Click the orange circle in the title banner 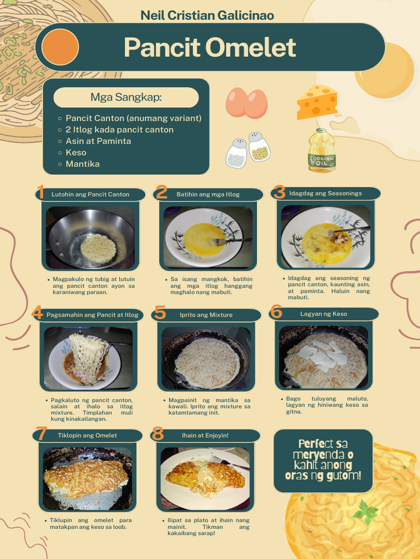[60, 47]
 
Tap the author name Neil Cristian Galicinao [207, 15]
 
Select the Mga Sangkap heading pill [126, 97]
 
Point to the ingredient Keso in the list [75, 153]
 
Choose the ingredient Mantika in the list [83, 164]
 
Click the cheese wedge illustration [317, 102]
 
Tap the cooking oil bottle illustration [322, 151]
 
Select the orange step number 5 [160, 313]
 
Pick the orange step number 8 [157, 433]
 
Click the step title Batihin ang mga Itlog [208, 195]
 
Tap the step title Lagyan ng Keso [324, 314]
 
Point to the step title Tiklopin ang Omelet [87, 435]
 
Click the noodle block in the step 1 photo [98, 248]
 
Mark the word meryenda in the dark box [319, 455]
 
